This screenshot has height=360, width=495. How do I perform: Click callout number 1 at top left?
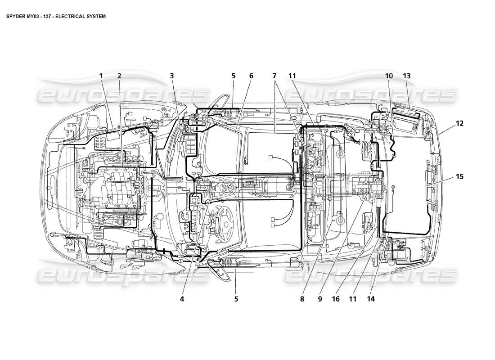pos(102,76)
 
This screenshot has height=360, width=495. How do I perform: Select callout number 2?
pos(119,76)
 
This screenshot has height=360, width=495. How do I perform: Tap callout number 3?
pos(172,76)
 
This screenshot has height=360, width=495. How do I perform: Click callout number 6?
pos(251,76)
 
